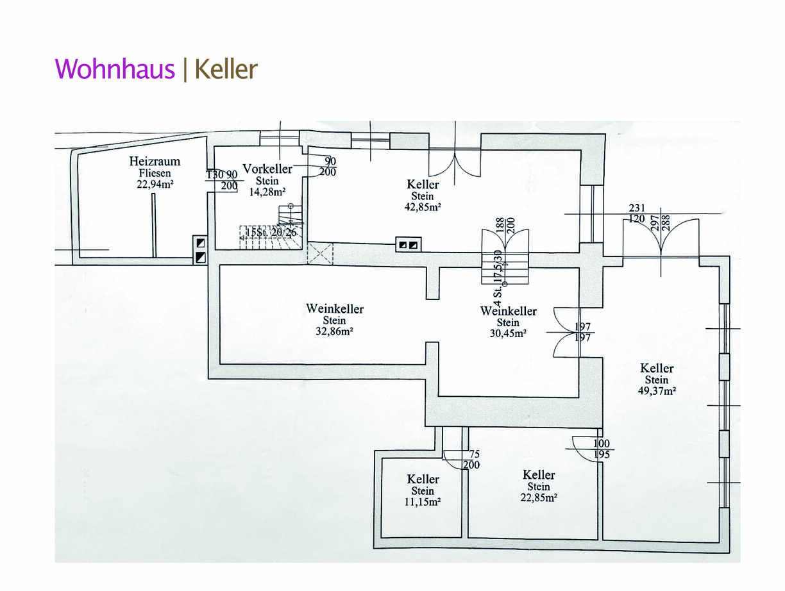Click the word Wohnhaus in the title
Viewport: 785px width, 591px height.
[114, 69]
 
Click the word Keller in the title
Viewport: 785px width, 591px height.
[226, 69]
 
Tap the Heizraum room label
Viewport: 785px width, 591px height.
[155, 162]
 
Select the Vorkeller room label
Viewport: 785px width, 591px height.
[267, 169]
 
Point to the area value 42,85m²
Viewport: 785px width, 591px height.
[423, 207]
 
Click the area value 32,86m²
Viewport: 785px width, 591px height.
[335, 332]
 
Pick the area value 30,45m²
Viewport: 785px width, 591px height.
[508, 333]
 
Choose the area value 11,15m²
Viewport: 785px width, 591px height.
[423, 503]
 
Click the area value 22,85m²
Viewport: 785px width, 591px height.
[539, 497]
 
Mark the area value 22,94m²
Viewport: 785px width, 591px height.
[155, 184]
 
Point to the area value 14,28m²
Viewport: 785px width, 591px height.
[267, 192]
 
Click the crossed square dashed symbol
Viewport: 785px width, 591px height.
[321, 253]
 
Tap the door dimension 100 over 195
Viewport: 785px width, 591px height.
[601, 449]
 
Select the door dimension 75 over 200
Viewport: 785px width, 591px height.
[471, 460]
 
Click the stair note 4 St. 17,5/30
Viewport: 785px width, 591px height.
[498, 276]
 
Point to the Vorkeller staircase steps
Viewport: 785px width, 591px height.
[269, 232]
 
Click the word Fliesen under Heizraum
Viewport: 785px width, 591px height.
[155, 173]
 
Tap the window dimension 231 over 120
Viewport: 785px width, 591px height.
[637, 213]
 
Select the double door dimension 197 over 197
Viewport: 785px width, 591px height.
[582, 332]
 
